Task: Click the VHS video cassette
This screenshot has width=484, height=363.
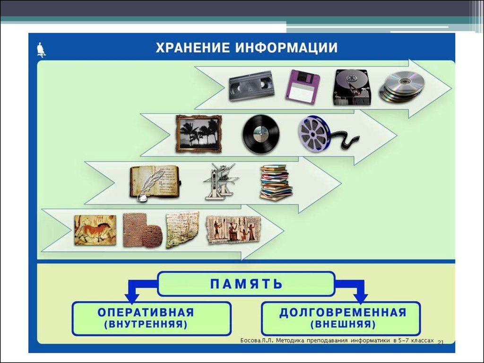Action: pyautogui.click(x=251, y=86)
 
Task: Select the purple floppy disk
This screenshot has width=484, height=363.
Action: pyautogui.click(x=302, y=87)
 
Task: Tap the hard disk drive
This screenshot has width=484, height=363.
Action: pyautogui.click(x=351, y=87)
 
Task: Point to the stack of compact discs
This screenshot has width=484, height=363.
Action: pyautogui.click(x=402, y=87)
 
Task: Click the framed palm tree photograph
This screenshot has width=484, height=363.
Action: pyautogui.click(x=199, y=134)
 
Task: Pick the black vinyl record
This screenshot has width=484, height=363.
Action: pyautogui.click(x=261, y=134)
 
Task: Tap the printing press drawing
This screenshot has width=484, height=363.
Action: pyautogui.click(x=221, y=181)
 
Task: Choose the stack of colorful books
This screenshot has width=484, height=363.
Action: pyautogui.click(x=276, y=183)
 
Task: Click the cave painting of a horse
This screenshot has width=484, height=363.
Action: pyautogui.click(x=95, y=230)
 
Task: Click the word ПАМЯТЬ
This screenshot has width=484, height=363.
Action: pyautogui.click(x=246, y=284)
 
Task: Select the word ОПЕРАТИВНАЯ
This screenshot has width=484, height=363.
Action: pyautogui.click(x=146, y=312)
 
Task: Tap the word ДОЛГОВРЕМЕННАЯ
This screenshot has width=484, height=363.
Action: pyautogui.click(x=343, y=312)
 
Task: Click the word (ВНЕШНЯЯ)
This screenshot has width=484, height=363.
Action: pyautogui.click(x=343, y=324)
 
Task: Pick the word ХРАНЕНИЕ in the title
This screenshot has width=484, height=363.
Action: pyautogui.click(x=193, y=48)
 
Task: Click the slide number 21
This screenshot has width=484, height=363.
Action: pyautogui.click(x=441, y=342)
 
